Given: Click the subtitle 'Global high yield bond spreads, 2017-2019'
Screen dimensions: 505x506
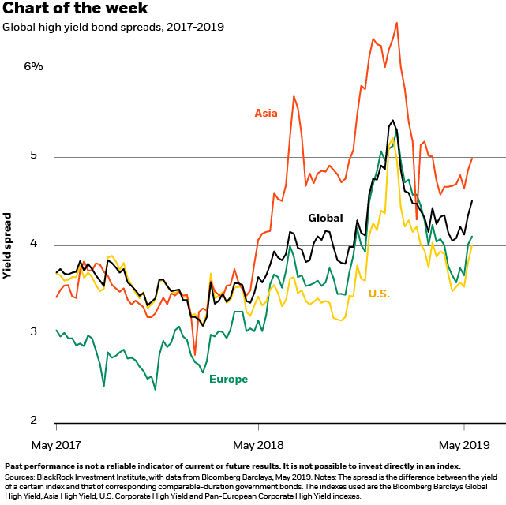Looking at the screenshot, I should point(113,27).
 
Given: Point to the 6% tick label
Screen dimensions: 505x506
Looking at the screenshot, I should point(33,67).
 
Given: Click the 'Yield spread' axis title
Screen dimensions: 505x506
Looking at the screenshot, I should point(7,245).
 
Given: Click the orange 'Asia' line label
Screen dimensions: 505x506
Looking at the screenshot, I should point(266,113).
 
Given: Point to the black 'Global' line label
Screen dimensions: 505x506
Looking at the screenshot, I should point(325,218).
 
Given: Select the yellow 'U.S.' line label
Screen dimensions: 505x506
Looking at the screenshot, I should point(379,294).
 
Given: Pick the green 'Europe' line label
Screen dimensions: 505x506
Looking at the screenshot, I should point(228,380).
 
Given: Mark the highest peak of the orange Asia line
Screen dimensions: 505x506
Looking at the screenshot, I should point(396,22).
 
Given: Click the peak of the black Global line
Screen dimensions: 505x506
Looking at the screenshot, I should point(392,121).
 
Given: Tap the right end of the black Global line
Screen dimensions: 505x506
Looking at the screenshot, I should point(472,201).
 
